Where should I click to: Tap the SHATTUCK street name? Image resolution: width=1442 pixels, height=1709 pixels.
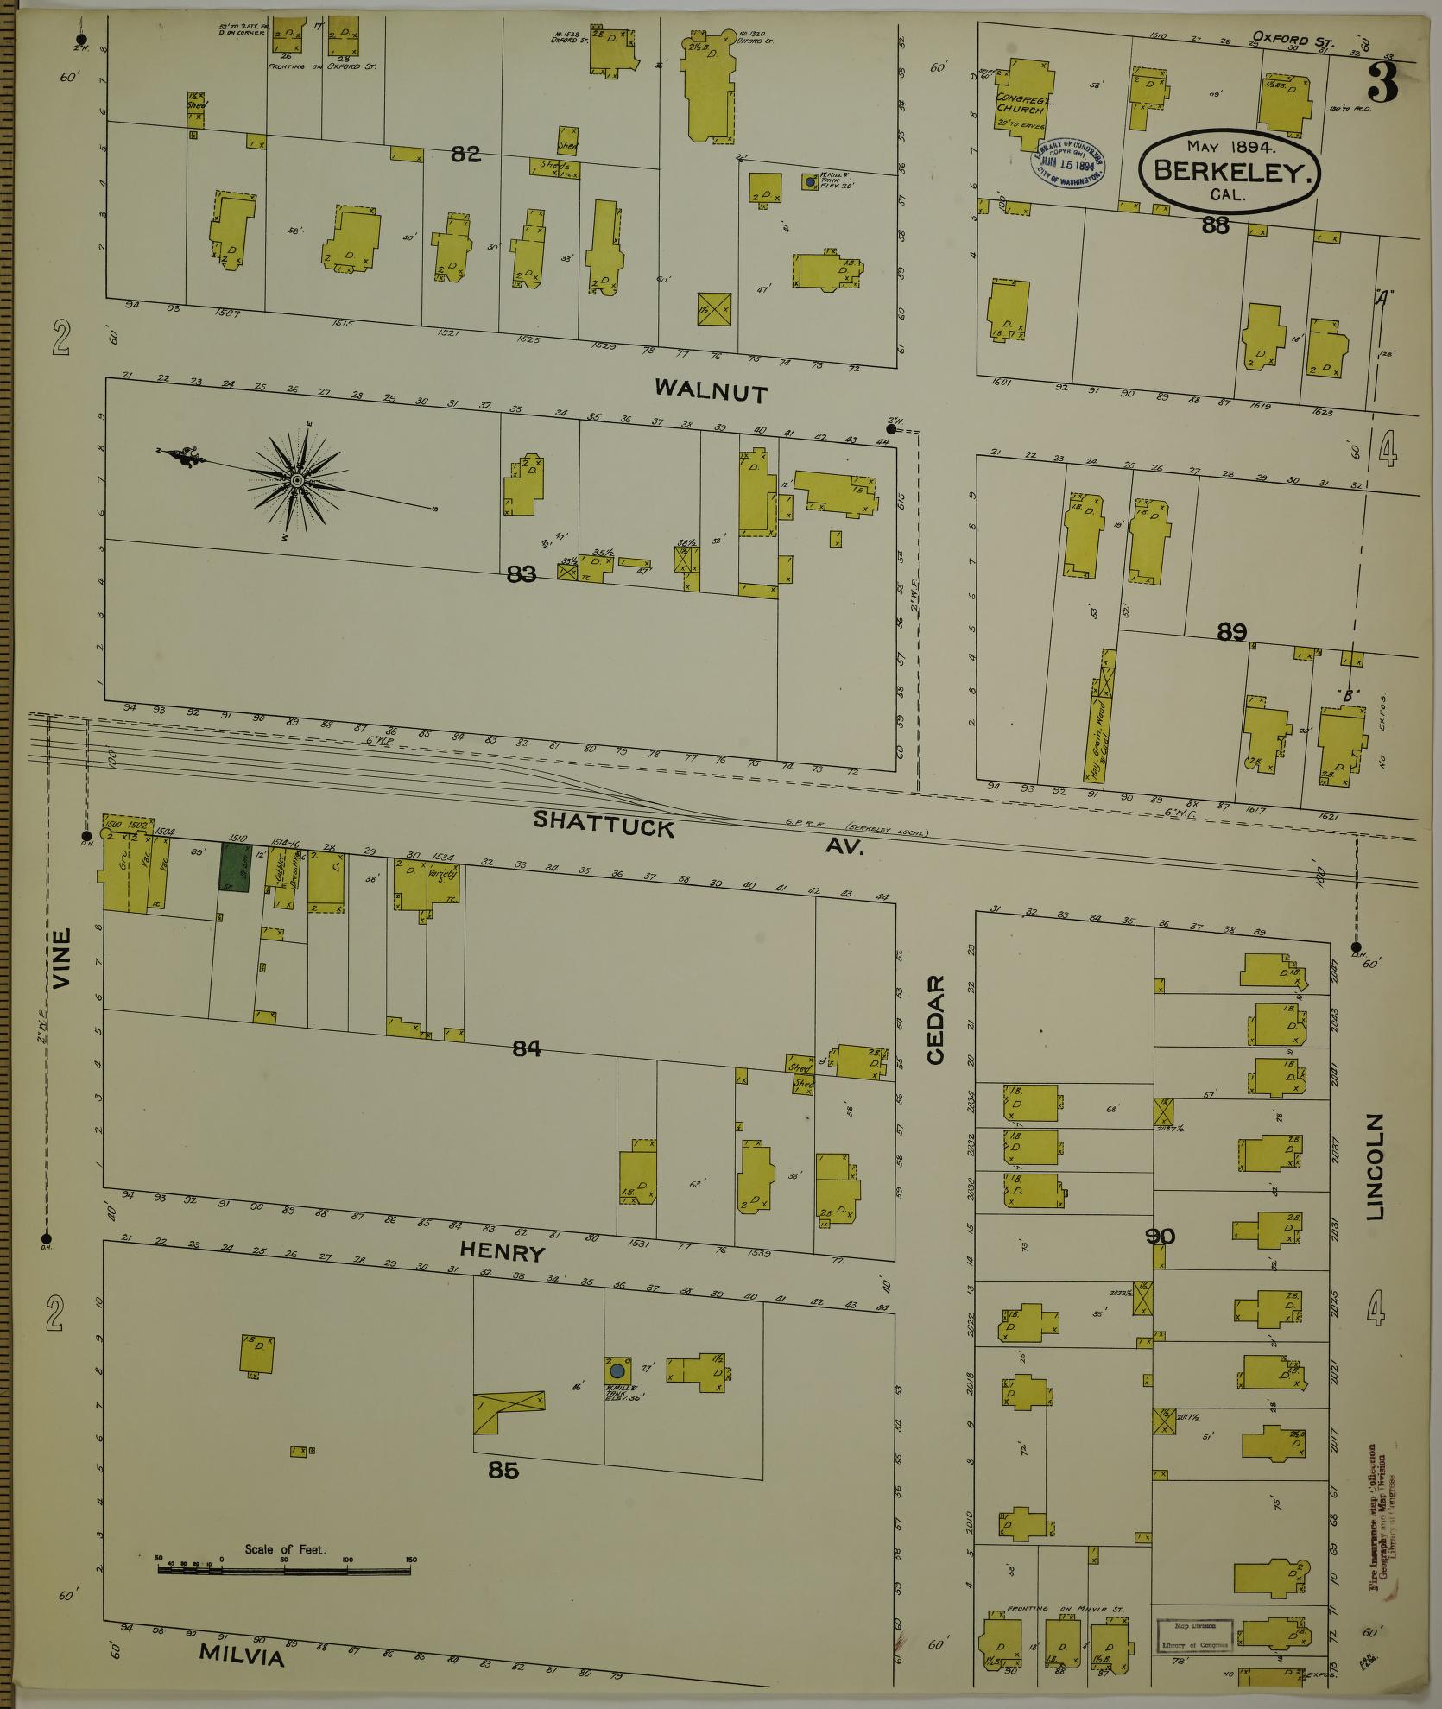pyautogui.click(x=603, y=823)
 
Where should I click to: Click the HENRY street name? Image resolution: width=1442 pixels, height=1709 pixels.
pyautogui.click(x=503, y=1251)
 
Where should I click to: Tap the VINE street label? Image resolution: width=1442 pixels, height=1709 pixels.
pyautogui.click(x=61, y=958)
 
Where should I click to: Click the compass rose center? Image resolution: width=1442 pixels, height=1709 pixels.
pyautogui.click(x=296, y=479)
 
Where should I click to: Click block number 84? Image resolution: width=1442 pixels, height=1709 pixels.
pyautogui.click(x=526, y=1048)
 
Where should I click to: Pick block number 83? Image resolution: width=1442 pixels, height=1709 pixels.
pyautogui.click(x=522, y=573)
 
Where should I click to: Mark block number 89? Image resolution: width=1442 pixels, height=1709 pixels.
pyautogui.click(x=1231, y=632)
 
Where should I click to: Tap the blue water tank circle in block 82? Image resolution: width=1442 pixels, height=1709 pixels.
pyautogui.click(x=809, y=182)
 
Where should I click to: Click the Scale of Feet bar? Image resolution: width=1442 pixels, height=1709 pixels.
pyautogui.click(x=284, y=1569)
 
